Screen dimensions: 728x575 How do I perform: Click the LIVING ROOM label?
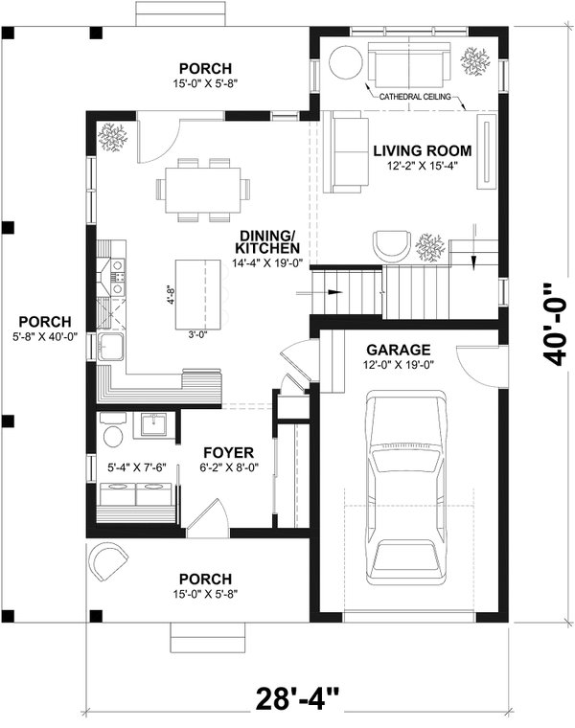(x=422, y=150)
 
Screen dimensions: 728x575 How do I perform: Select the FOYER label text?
(x=226, y=452)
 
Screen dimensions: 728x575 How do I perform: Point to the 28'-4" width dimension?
(x=297, y=696)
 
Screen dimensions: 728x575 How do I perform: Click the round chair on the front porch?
(x=107, y=563)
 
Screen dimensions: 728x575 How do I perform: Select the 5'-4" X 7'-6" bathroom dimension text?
(x=137, y=469)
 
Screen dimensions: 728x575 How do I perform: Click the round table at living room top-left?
(x=344, y=63)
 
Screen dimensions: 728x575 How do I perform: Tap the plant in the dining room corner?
(x=113, y=136)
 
